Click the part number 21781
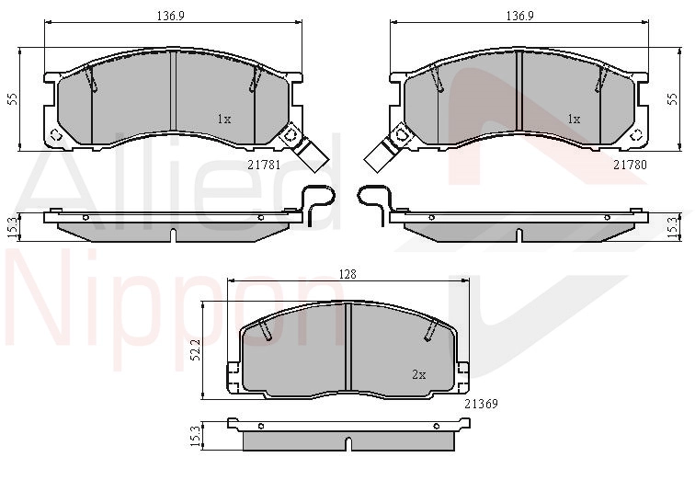tap(264, 165)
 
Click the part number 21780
tap(630, 165)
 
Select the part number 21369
tap(481, 404)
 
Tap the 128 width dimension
tap(347, 274)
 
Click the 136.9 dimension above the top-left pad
tap(171, 16)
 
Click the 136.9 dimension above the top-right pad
tap(520, 16)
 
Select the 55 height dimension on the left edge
tap(13, 98)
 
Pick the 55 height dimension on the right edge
tap(673, 98)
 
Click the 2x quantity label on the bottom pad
tap(419, 375)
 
